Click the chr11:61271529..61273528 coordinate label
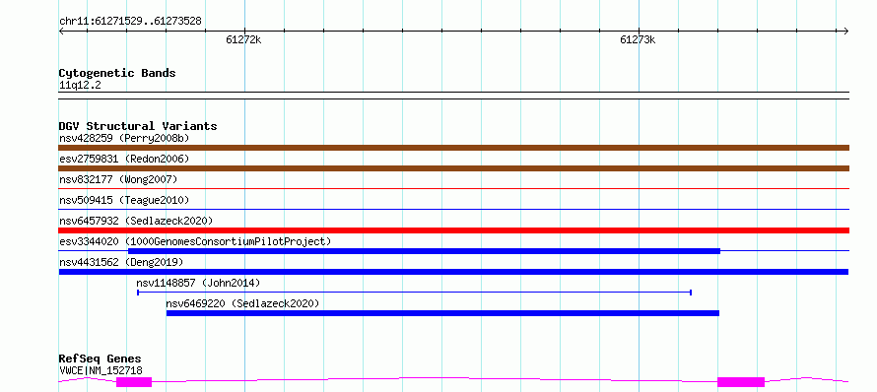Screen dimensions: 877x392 click(130, 22)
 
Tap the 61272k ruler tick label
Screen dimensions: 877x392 click(243, 39)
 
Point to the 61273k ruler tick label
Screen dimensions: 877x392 click(638, 39)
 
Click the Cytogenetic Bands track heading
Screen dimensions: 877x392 click(117, 73)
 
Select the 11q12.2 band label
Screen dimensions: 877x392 click(80, 86)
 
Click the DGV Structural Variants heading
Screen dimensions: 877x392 click(138, 126)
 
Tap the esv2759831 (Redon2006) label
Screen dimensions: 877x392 click(124, 159)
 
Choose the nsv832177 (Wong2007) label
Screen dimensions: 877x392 click(118, 179)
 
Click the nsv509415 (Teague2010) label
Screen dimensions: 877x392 click(124, 200)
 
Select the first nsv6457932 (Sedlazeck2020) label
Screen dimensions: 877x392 click(136, 221)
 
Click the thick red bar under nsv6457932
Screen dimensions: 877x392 click(453, 230)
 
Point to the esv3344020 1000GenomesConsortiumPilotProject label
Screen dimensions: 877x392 click(195, 241)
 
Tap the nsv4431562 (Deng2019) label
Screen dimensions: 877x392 click(121, 262)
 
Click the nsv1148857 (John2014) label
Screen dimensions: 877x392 click(198, 283)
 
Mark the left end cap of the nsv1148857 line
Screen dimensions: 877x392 click(138, 293)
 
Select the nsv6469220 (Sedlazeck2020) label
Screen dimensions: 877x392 click(242, 303)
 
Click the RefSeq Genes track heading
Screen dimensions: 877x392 click(101, 359)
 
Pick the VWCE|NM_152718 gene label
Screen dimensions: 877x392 click(101, 370)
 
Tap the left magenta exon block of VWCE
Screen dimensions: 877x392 click(134, 382)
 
